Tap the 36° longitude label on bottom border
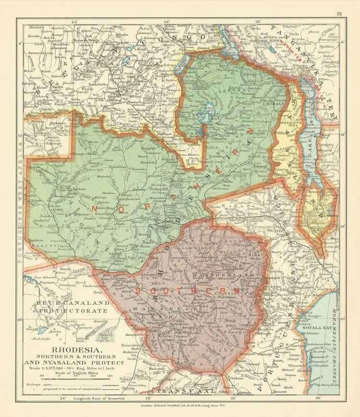click(x=317, y=398)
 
